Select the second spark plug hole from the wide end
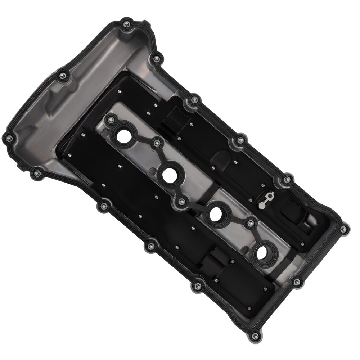[x=169, y=175]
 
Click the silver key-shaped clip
[x=267, y=199]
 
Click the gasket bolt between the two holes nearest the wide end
[x=156, y=143]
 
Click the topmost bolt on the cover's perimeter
[x=126, y=24]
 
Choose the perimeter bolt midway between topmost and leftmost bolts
[x=62, y=76]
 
